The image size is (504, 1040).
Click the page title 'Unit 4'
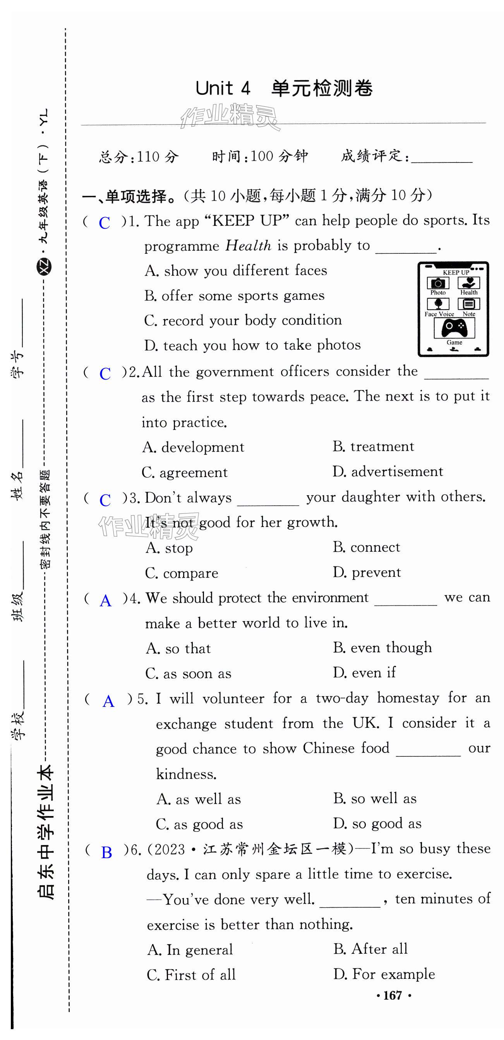[223, 88]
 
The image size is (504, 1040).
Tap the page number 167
[393, 995]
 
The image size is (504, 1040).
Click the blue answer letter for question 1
[105, 223]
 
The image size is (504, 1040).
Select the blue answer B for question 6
[106, 852]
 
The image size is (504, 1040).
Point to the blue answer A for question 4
[106, 601]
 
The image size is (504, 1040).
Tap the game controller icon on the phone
[454, 327]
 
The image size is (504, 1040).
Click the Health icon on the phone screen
[469, 282]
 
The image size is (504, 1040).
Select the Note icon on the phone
[469, 304]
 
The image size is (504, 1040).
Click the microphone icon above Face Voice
[438, 304]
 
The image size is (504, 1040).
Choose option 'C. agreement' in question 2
[185, 472]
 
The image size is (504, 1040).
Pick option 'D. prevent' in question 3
[367, 572]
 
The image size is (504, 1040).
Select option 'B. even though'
[382, 648]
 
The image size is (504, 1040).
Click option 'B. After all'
[370, 948]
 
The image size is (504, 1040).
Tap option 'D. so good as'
[377, 823]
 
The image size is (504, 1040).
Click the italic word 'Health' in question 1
[249, 245]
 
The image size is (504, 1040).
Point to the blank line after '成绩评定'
[441, 157]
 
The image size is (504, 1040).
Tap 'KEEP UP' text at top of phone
[456, 272]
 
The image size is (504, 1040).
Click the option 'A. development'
[193, 447]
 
